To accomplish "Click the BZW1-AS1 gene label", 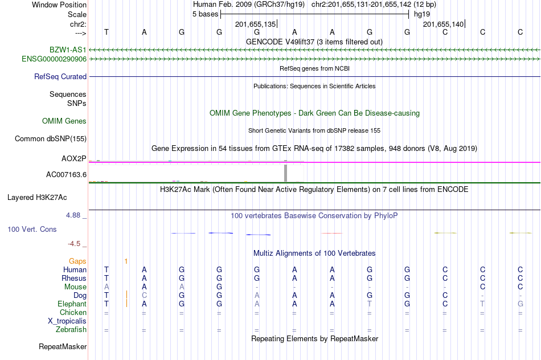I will pos(68,50).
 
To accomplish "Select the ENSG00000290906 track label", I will pos(54,59).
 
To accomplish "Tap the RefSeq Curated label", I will pos(60,76).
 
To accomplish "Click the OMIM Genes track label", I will pos(64,121).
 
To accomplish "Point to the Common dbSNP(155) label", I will pos(51,138).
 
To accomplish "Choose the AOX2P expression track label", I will pos(74,158).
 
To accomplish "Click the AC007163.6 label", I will pos(66,174).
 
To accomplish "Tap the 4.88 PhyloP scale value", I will pos(74,215).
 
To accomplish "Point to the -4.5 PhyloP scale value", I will pos(75,244).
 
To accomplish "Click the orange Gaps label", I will pos(77,261).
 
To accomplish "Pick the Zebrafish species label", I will pos(71,329).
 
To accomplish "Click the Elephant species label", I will pos(72,304).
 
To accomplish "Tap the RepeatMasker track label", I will pos(63,346).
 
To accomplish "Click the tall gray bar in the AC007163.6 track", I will pos(286,172).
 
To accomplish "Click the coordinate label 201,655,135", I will pos(255,24).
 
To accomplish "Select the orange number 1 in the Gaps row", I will pos(126,261).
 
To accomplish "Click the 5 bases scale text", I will pos(205,14).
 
